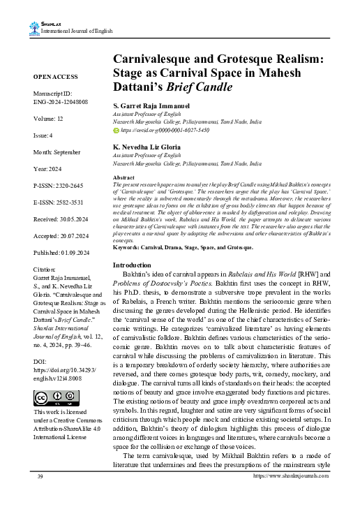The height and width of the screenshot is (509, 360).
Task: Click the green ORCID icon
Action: click(116, 130)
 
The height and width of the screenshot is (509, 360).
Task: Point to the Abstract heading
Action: click(125, 179)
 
